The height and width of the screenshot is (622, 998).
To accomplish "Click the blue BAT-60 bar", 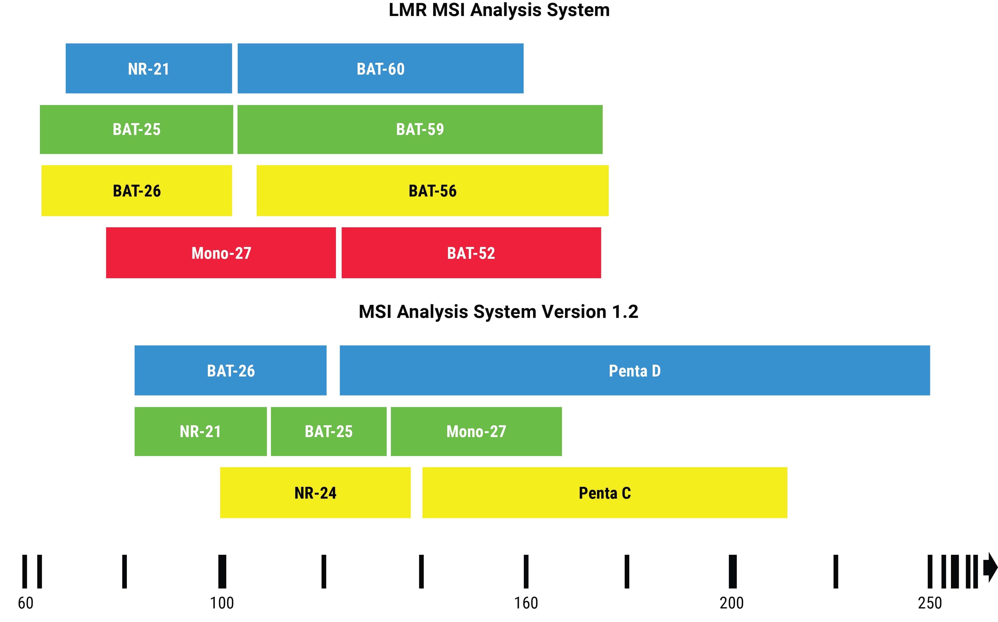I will click(x=381, y=68).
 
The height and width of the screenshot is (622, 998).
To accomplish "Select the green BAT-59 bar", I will click(x=420, y=129).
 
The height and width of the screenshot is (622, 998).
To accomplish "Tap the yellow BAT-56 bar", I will click(x=432, y=191).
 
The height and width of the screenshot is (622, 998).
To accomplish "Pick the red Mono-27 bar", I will click(x=221, y=253).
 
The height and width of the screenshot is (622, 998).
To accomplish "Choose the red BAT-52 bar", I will click(x=471, y=253).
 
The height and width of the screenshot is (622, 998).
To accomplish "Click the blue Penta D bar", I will click(x=634, y=370).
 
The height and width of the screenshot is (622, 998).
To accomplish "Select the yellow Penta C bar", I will click(x=604, y=492).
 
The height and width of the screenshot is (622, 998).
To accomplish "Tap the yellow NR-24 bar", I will click(x=315, y=492).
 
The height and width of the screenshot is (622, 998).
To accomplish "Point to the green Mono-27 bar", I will click(x=476, y=431).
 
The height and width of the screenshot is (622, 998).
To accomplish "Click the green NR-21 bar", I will click(x=200, y=431).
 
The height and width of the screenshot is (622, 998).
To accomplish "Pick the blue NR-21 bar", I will click(x=149, y=68).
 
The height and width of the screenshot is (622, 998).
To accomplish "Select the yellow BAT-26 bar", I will click(x=137, y=191).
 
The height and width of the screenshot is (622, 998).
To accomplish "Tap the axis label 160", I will click(x=526, y=603).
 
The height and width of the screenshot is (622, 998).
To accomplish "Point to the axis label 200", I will click(x=732, y=603).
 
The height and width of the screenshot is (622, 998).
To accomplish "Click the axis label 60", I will click(x=26, y=603).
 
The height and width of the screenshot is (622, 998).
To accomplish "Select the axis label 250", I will click(x=930, y=603).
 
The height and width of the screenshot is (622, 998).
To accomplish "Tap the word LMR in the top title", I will click(x=408, y=10).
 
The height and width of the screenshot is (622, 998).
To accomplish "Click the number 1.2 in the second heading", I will click(x=625, y=311).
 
